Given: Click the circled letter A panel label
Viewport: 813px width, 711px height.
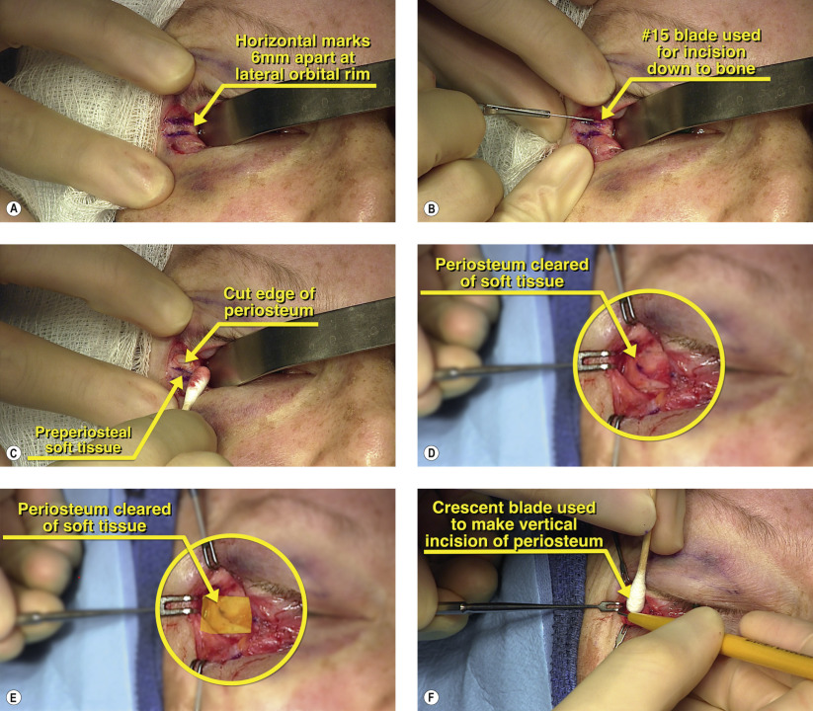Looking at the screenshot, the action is click(x=14, y=208).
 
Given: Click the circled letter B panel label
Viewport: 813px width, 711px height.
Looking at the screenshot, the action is click(x=431, y=208).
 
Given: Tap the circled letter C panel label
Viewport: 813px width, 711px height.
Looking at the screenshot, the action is click(x=14, y=453).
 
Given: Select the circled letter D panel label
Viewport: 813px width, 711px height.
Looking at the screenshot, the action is click(x=431, y=453).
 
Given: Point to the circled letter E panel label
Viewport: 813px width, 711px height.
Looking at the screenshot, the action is click(x=14, y=697).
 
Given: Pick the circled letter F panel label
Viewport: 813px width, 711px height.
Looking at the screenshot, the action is click(x=431, y=697).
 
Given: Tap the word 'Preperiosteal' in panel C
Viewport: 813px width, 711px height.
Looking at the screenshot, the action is click(x=83, y=433).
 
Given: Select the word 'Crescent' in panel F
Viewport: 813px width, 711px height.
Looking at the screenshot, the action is click(x=466, y=508).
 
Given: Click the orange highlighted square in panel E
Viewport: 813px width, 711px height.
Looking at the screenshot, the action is click(x=226, y=614).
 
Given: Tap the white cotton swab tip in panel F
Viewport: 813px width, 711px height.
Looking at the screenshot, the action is click(x=635, y=599).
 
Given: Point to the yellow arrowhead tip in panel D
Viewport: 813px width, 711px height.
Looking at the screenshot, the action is click(x=635, y=357).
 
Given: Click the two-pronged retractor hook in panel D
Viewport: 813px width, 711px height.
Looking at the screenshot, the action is click(x=593, y=360).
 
